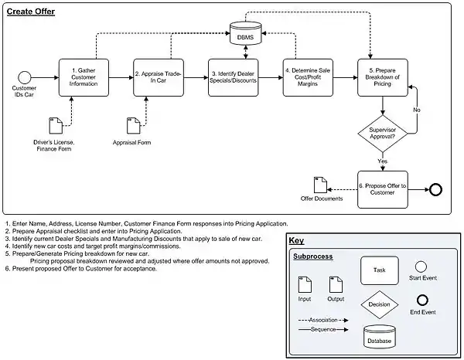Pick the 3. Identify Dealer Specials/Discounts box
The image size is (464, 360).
click(x=233, y=76)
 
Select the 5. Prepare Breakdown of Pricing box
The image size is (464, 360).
click(x=382, y=76)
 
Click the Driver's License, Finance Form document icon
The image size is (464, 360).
click(x=55, y=126)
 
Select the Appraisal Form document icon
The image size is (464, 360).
click(x=132, y=126)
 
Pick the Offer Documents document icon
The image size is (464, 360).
click(x=319, y=185)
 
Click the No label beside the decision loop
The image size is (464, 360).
click(x=417, y=110)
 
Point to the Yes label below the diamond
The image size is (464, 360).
click(x=382, y=161)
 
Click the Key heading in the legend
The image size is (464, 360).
click(x=297, y=240)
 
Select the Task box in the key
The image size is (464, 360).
click(x=379, y=270)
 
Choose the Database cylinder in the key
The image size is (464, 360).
click(x=379, y=337)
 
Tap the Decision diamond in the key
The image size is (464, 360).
click(x=379, y=304)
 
